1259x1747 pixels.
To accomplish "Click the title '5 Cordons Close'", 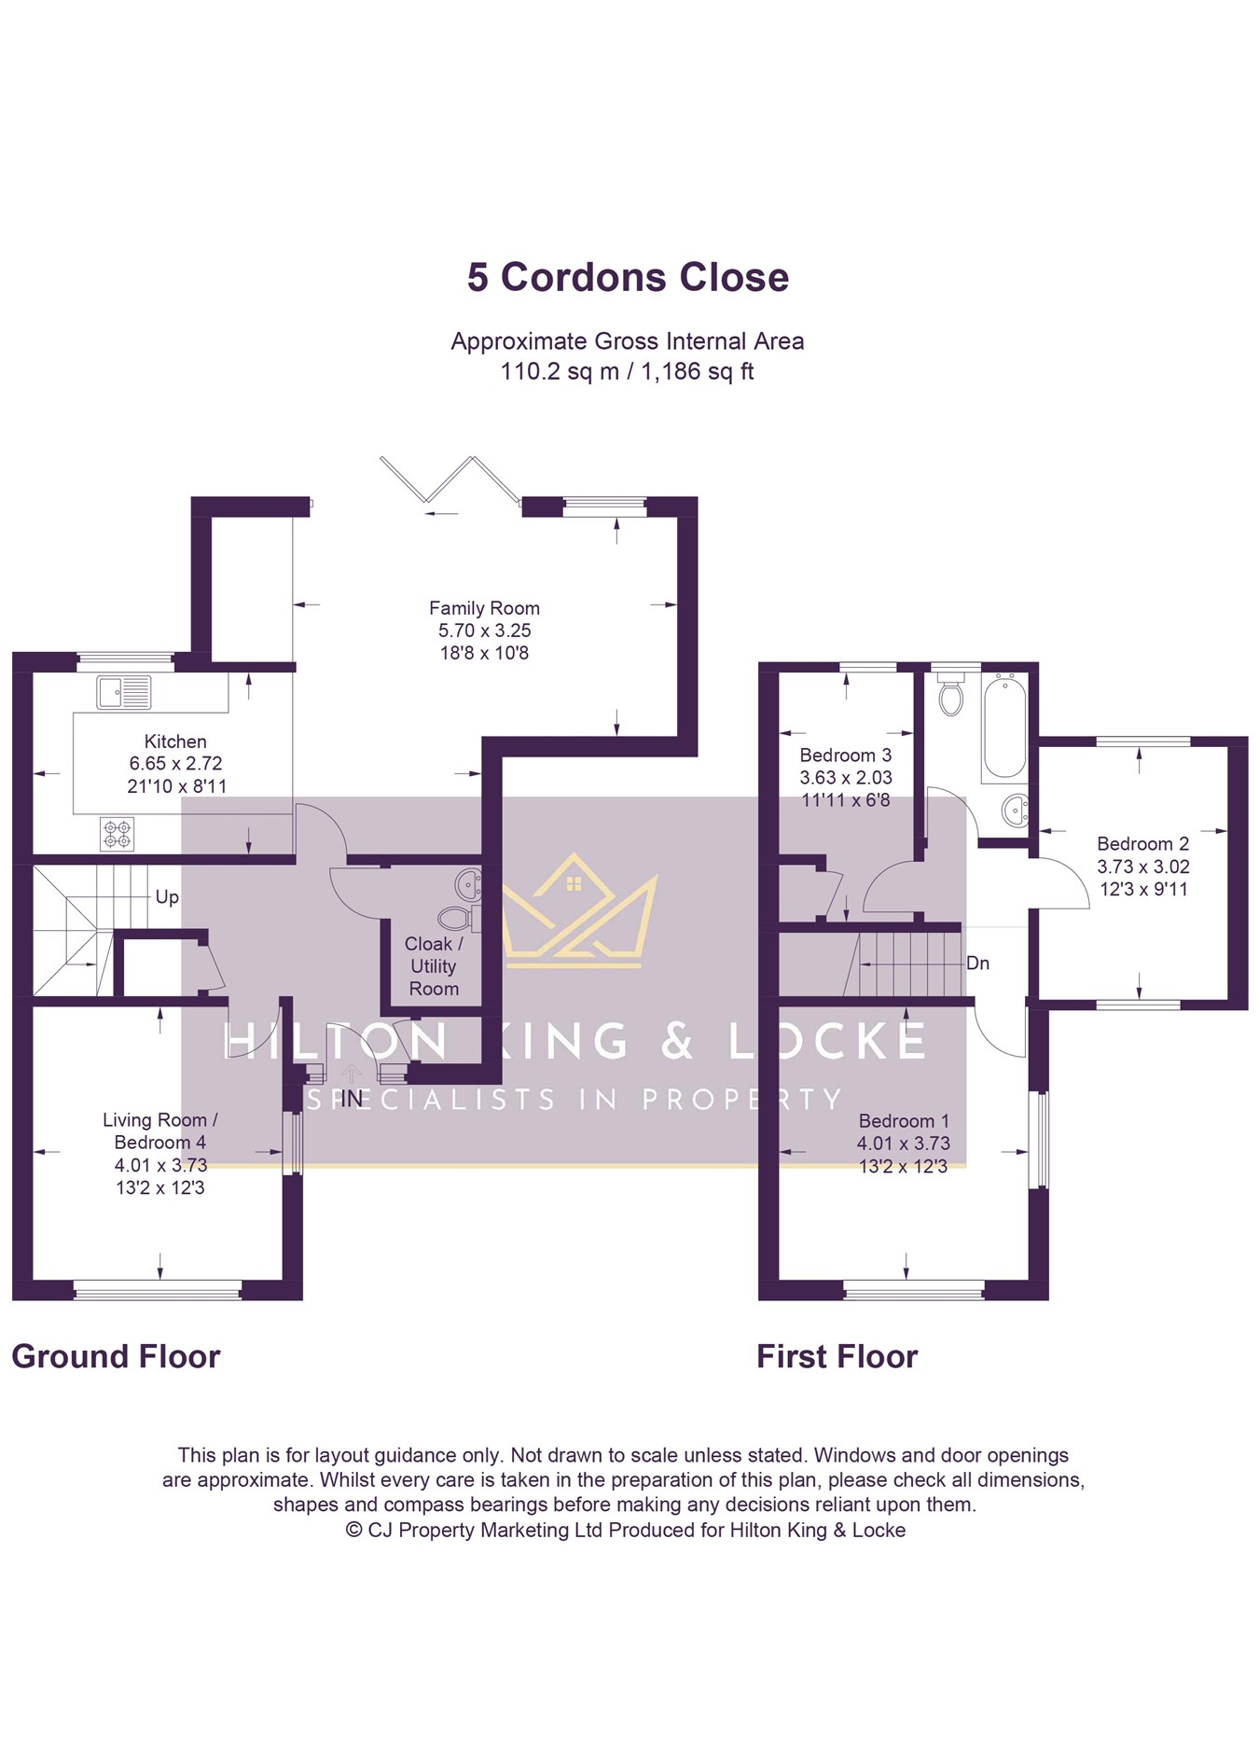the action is [x=628, y=277].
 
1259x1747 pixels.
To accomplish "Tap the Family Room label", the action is [x=484, y=608].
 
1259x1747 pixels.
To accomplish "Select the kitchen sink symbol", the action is [x=123, y=692].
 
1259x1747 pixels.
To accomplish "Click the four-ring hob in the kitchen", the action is [x=117, y=834].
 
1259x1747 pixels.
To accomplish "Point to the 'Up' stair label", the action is [x=167, y=897].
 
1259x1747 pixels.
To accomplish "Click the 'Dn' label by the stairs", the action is [x=977, y=963].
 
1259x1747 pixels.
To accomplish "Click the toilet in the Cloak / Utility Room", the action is [x=458, y=917].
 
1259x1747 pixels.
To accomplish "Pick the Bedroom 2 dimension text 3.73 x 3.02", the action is [x=1143, y=867].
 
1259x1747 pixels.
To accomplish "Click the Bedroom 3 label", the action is [x=846, y=756].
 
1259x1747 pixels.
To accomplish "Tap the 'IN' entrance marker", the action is [x=352, y=1099].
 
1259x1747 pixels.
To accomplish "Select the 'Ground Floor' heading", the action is [x=116, y=1356].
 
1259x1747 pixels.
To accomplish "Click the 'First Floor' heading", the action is [x=837, y=1356].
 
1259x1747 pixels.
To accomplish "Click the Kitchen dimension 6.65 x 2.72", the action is [x=176, y=763].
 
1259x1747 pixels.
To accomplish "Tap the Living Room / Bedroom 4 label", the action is [x=159, y=1130].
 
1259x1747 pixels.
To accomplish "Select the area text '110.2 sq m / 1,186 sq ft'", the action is [x=627, y=371].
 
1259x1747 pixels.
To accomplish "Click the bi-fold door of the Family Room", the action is [x=450, y=481].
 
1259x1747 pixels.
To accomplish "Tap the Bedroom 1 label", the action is [x=904, y=1121].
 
